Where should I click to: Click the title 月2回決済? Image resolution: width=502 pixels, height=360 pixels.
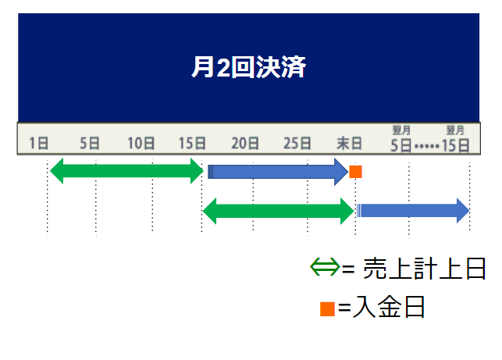(x=248, y=67)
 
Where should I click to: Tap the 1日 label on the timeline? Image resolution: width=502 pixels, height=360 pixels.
(x=39, y=143)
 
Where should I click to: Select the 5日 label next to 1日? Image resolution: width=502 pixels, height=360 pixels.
(x=90, y=143)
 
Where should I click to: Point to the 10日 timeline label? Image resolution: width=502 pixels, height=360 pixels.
(x=141, y=143)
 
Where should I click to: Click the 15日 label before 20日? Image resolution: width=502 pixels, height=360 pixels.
(x=192, y=143)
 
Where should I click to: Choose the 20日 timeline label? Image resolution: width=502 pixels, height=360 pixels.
(x=244, y=143)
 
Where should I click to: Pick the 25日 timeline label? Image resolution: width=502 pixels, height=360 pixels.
(x=297, y=143)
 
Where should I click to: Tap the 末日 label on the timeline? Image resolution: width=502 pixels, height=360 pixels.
(x=349, y=143)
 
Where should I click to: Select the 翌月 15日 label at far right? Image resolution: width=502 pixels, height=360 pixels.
(x=455, y=140)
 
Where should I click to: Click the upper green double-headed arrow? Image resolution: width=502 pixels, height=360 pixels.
(x=126, y=171)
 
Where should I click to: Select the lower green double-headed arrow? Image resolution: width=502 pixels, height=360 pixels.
(x=279, y=210)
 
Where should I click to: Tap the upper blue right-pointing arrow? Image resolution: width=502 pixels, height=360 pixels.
(x=277, y=171)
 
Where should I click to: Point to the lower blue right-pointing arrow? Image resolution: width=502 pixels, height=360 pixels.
(x=413, y=210)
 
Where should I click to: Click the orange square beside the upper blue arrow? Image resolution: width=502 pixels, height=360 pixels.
(x=355, y=171)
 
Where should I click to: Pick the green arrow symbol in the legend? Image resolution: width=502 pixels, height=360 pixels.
(x=326, y=268)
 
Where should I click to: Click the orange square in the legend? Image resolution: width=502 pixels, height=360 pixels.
(x=327, y=308)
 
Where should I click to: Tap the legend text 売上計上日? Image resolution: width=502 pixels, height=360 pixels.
(x=422, y=269)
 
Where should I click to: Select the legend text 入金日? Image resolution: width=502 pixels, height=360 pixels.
(x=389, y=308)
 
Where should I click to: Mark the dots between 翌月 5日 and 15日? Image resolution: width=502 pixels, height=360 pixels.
(x=427, y=146)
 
